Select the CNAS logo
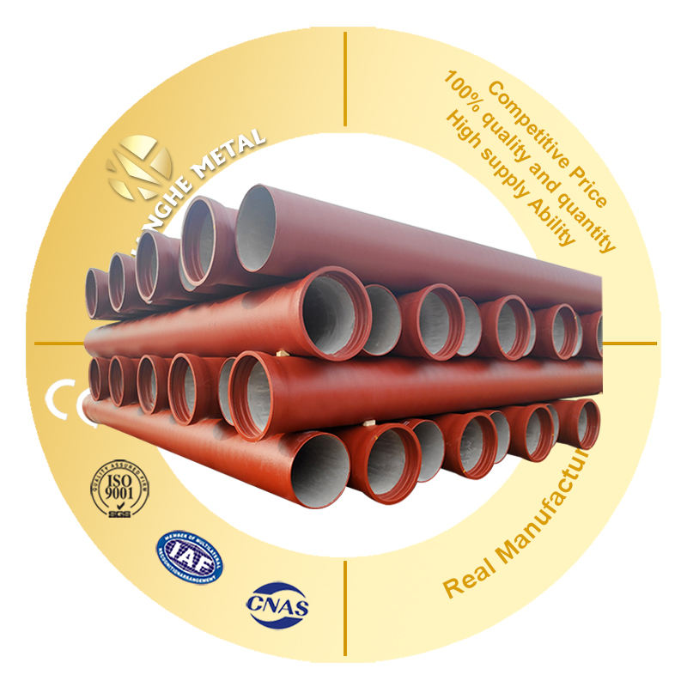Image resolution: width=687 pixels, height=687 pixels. pos(277,602)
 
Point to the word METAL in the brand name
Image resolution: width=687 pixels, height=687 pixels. pos(228,154)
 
